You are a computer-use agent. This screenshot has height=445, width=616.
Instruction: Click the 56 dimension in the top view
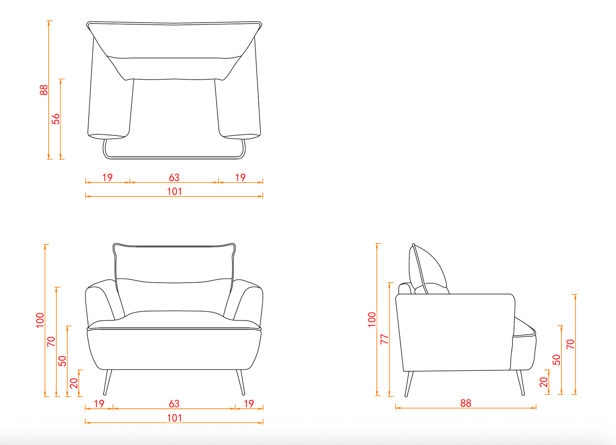point(56,119)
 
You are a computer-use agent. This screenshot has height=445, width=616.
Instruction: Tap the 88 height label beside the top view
point(44,90)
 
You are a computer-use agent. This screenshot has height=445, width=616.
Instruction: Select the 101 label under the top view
point(174,191)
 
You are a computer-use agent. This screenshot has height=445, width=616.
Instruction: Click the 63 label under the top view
point(174,177)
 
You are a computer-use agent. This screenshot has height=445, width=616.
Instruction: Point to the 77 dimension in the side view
point(385,339)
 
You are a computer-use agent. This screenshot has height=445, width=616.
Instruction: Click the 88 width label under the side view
point(466,403)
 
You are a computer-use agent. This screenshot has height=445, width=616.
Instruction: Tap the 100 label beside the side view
point(372,320)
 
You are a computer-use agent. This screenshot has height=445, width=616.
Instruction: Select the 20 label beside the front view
point(74,383)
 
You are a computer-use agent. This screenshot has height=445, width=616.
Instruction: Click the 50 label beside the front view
point(62,361)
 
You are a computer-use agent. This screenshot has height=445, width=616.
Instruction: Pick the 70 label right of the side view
point(571,344)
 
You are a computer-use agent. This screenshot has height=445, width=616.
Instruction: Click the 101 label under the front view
point(174,418)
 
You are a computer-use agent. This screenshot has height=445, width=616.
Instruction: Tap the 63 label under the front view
point(174,404)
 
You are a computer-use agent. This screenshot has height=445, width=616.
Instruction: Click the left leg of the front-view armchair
point(108,382)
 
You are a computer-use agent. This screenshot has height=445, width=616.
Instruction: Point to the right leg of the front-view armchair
point(240,382)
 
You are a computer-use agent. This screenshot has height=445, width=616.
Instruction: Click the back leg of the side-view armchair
point(409,384)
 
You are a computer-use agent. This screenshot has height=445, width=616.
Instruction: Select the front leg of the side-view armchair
point(521,383)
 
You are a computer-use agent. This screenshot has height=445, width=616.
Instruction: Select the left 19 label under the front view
point(99,404)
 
